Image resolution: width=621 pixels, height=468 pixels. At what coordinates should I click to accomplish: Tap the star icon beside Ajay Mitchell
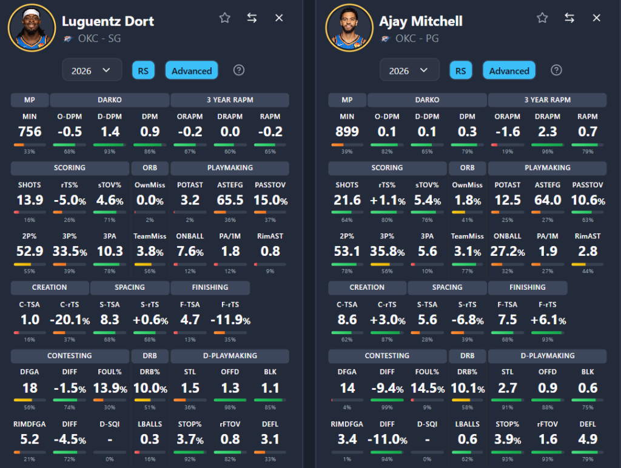542,18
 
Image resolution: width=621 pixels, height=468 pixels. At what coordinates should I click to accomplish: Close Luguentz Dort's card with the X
279,18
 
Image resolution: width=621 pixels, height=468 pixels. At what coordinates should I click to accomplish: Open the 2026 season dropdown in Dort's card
92,70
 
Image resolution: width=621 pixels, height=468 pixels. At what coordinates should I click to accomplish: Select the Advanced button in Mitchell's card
509,70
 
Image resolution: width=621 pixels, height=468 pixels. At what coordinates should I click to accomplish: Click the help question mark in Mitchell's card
556,70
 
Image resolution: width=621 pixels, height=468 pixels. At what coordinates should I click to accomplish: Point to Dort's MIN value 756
30,132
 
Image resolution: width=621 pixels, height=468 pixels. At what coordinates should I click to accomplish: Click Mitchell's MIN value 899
347,132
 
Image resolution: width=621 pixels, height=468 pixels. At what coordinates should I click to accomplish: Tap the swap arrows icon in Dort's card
252,18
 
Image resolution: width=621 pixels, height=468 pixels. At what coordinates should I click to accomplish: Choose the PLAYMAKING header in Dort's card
230,167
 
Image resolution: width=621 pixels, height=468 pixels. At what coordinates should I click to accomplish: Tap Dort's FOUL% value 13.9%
110,388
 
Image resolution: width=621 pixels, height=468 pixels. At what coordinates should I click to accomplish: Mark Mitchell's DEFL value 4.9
588,439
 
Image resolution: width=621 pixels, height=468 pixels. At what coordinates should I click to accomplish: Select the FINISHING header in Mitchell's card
527,287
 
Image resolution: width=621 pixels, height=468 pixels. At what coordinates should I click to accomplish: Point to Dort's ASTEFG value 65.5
230,200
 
